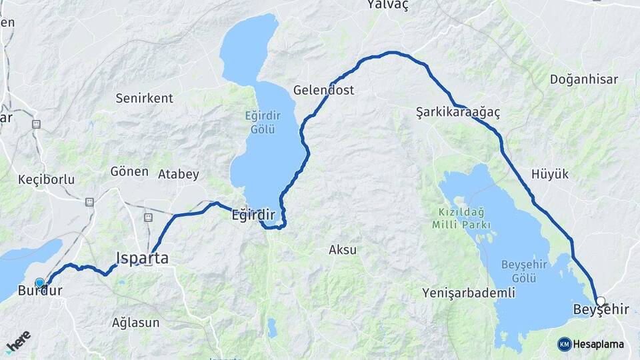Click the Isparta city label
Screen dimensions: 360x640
[142, 258]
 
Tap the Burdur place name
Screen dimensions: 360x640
[40, 291]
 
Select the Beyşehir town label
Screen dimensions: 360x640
[601, 309]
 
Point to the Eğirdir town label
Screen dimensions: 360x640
[253, 215]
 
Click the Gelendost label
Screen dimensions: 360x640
[323, 90]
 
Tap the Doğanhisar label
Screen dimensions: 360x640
[583, 79]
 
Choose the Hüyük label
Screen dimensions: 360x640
[550, 174]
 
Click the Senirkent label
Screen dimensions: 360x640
[144, 98]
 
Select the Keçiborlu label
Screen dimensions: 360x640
[46, 179]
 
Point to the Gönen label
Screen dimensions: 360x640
[129, 171]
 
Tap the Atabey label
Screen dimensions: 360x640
[178, 175]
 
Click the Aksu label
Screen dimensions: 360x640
[343, 250]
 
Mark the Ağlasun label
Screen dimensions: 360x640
[135, 323]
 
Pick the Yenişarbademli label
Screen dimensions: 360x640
[459, 293]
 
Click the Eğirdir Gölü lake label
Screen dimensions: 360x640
[263, 123]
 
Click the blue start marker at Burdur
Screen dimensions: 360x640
[39, 283]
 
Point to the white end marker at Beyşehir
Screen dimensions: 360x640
[601, 301]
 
